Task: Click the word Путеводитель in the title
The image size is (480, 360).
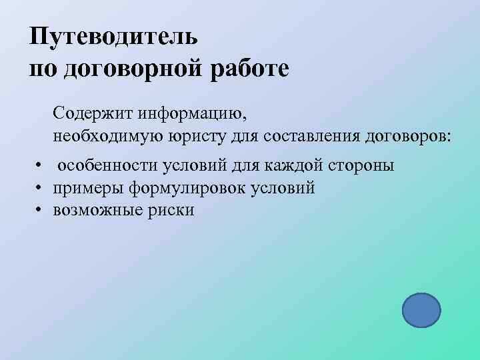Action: [113, 36]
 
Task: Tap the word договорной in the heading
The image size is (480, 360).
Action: [137, 69]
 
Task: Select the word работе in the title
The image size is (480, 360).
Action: [251, 69]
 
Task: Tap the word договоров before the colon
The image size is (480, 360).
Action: [408, 136]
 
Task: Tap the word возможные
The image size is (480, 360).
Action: [95, 211]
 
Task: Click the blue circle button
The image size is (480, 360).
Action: [421, 311]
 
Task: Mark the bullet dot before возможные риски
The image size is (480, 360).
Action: [40, 211]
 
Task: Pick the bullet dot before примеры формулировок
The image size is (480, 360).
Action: [40, 188]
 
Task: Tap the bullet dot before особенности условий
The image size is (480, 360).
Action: [40, 165]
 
